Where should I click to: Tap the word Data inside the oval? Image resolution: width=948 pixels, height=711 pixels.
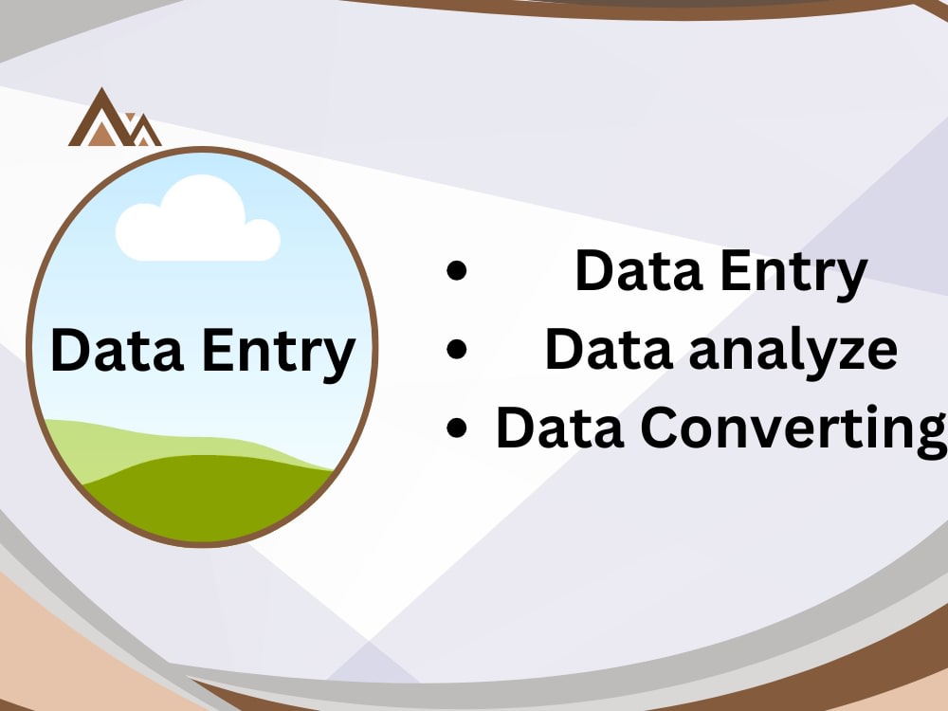118,350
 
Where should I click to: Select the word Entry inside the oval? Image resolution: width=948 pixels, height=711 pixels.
279,355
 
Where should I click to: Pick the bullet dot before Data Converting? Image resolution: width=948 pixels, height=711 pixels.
457,427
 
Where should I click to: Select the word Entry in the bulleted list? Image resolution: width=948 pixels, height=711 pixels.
793,274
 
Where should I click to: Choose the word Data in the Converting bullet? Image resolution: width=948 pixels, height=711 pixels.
560,427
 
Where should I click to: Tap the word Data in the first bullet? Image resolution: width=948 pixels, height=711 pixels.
638,269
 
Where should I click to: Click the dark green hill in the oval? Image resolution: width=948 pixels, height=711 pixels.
206,499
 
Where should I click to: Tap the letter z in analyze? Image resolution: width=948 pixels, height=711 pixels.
849,355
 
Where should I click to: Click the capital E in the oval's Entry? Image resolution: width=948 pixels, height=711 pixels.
216,350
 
